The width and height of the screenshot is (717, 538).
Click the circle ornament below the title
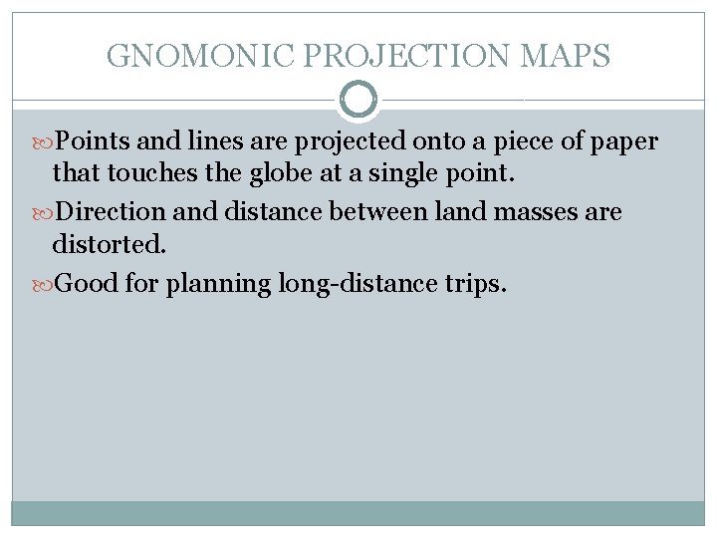[x=358, y=100]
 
